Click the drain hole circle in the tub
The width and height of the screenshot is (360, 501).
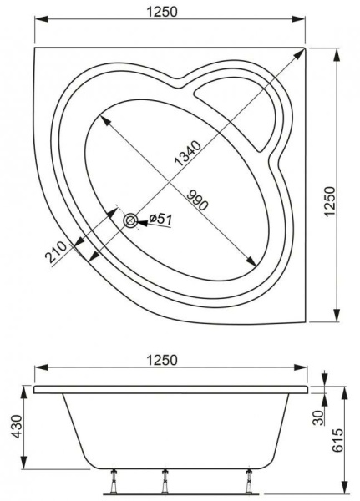coord(131,220)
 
